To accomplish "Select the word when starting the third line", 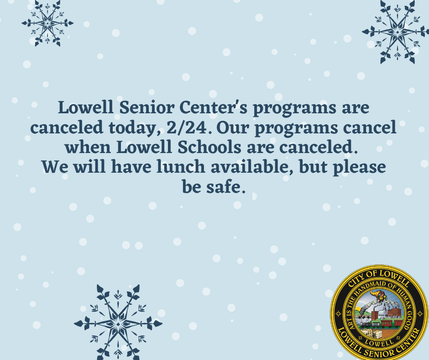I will pyautogui.click(x=87, y=148).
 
